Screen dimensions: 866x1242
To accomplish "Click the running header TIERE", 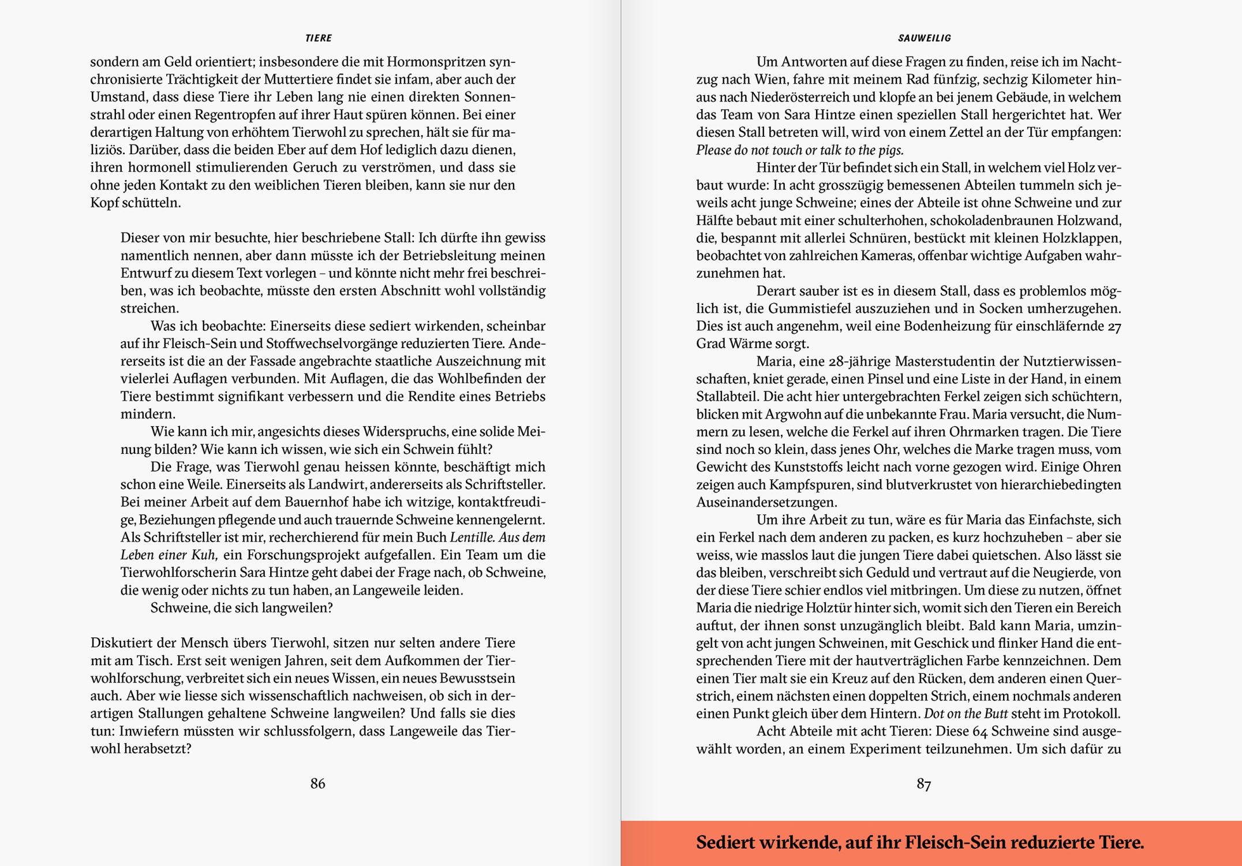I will [x=318, y=38].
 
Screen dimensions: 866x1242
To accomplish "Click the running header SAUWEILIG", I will [x=924, y=38].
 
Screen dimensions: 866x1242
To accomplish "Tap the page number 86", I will [x=317, y=783].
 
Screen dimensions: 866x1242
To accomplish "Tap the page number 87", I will [x=923, y=783].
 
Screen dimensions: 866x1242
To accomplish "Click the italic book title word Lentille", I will [x=472, y=537].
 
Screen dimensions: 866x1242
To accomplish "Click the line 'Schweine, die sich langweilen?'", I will [x=241, y=608].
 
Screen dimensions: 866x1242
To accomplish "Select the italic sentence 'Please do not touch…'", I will [x=799, y=151].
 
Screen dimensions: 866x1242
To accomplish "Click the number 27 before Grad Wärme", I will [x=1114, y=327].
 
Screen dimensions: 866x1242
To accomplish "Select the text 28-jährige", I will [x=858, y=362].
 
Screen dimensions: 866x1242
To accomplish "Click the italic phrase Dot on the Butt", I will [x=966, y=714].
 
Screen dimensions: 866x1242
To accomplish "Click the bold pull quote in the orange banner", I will [x=919, y=843].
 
